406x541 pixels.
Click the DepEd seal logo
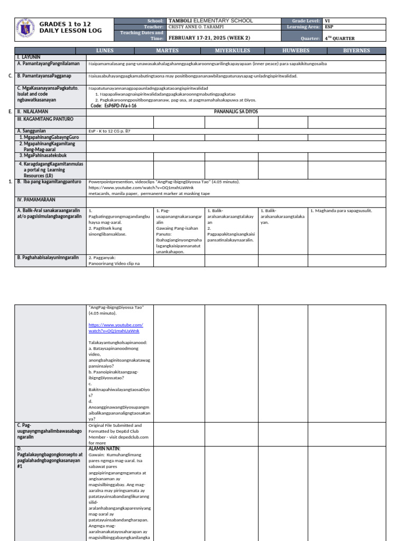[x=24, y=29]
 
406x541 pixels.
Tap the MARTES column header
[x=167, y=51]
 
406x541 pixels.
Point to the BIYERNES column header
[x=357, y=51]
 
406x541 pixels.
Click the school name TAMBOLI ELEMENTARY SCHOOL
[x=210, y=21]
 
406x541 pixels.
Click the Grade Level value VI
[x=328, y=21]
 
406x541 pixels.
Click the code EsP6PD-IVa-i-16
[x=114, y=106]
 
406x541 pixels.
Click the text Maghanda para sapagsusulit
[x=341, y=211]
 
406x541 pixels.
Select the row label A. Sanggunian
[x=32, y=131]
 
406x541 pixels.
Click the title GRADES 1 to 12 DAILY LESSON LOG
[x=64, y=29]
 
